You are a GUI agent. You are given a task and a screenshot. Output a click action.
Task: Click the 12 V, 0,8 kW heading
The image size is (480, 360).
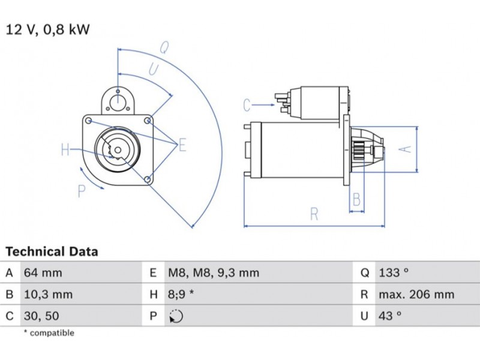click(48, 29)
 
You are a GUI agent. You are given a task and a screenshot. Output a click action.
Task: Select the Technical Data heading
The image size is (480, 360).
click(52, 251)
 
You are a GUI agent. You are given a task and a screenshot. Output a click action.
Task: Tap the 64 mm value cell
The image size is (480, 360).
click(43, 272)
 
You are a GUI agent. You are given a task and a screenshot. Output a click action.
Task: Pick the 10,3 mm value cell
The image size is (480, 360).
click(49, 295)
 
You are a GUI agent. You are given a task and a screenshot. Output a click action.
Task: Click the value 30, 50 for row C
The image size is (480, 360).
click(41, 316)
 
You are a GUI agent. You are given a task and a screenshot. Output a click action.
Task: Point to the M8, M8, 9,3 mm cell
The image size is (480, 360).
click(214, 272)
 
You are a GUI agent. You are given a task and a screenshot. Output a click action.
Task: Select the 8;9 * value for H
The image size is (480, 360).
click(181, 295)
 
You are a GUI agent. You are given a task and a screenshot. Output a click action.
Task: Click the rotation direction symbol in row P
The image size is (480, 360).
click(176, 316)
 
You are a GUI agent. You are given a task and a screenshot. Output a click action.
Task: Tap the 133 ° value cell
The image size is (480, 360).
click(394, 272)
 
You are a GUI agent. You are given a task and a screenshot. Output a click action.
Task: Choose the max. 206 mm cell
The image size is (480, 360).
click(416, 295)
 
